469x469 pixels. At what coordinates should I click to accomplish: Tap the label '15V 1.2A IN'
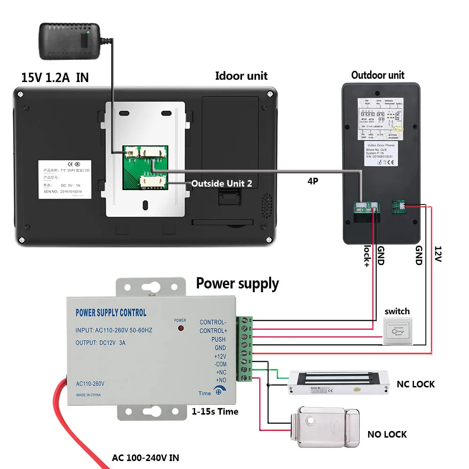pyautogui.click(x=55, y=77)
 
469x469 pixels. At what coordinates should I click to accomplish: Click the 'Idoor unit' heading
pyautogui.click(x=241, y=76)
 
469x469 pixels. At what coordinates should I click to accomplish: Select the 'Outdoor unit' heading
pyautogui.click(x=378, y=75)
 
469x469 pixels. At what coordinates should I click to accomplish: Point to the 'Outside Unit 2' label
pyautogui.click(x=221, y=183)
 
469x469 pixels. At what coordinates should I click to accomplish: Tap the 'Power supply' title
pyautogui.click(x=237, y=283)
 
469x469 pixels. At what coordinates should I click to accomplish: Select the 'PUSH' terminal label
pyautogui.click(x=218, y=339)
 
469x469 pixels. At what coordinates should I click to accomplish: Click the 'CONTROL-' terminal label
pyautogui.click(x=212, y=322)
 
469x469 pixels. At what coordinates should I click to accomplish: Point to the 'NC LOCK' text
pyautogui.click(x=416, y=384)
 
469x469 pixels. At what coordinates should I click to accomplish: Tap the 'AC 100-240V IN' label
pyautogui.click(x=145, y=458)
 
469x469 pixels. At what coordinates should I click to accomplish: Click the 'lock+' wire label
pyautogui.click(x=366, y=256)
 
